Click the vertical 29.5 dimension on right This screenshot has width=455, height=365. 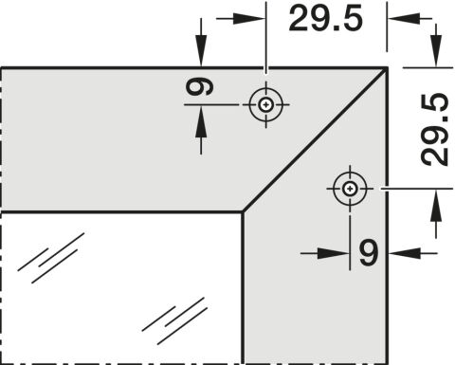pyautogui.click(x=434, y=130)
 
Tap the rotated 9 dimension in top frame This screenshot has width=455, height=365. pyautogui.click(x=199, y=87)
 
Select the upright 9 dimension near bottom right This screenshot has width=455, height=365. pyautogui.click(x=369, y=252)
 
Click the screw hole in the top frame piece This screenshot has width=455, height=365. pyautogui.click(x=265, y=104)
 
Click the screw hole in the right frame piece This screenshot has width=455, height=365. pyautogui.click(x=350, y=189)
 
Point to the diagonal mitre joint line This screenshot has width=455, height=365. pyautogui.click(x=315, y=139)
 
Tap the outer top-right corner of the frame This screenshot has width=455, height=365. pyautogui.click(x=387, y=67)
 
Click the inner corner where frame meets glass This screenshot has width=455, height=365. pyautogui.click(x=243, y=211)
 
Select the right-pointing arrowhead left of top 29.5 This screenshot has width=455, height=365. pyautogui.click(x=248, y=18)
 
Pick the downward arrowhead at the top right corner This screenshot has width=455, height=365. pyautogui.click(x=436, y=51)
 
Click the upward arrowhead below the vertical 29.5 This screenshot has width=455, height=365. pyautogui.click(x=436, y=205)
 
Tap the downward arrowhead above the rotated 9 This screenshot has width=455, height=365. pyautogui.click(x=201, y=51)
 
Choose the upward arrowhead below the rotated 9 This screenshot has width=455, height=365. pyautogui.click(x=201, y=121)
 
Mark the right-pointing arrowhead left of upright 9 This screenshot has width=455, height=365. pyautogui.click(x=334, y=253)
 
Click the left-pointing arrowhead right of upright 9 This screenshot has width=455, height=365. pyautogui.click(x=405, y=253)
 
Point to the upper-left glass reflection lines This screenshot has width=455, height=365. pyautogui.click(x=51, y=258)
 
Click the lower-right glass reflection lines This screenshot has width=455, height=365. pyautogui.click(x=174, y=320)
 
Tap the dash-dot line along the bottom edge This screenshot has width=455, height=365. pyautogui.click(x=121, y=363)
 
